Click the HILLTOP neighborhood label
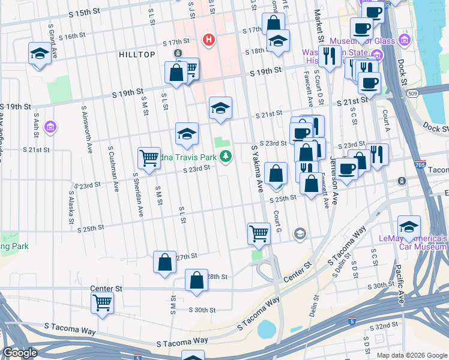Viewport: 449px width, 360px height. coord(137,54)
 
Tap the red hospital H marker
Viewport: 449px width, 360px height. coord(209,40)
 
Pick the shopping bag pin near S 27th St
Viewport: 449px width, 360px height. coord(165,262)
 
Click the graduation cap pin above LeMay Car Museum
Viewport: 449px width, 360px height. coord(409,227)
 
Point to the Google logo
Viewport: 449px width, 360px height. coord(20,353)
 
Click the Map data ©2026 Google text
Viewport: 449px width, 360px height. coord(411,355)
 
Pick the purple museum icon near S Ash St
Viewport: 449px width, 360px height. coord(50,127)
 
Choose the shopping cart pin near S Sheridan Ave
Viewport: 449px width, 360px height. coord(149,159)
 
